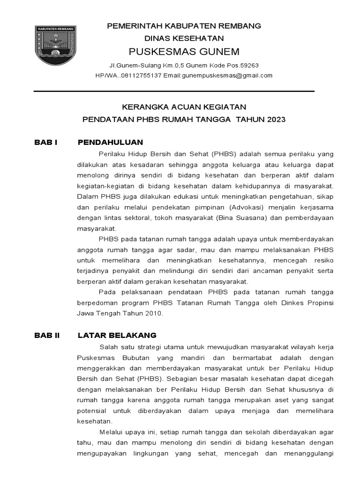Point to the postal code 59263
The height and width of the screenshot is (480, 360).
click(x=248, y=65)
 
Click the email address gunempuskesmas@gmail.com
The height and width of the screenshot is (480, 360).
click(x=227, y=75)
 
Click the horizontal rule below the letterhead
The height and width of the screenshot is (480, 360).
click(x=174, y=91)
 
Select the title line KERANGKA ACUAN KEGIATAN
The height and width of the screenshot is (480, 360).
click(x=184, y=107)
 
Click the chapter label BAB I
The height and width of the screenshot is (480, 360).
click(x=45, y=142)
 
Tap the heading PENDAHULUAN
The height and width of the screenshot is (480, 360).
click(x=110, y=142)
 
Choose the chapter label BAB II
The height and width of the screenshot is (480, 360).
click(x=47, y=335)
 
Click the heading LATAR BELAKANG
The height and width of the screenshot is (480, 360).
click(x=117, y=335)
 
